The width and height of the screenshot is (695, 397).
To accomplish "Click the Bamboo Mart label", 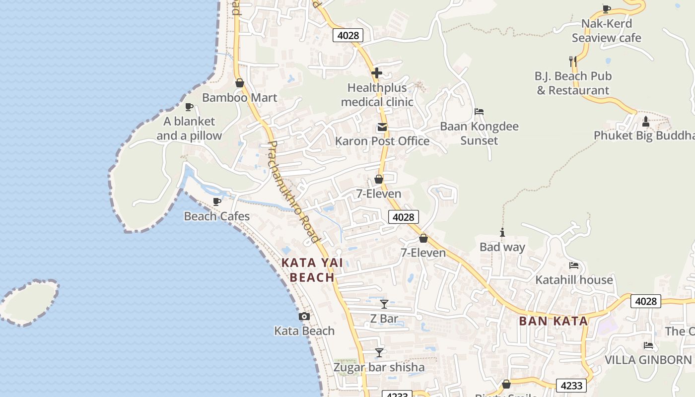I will [239, 97].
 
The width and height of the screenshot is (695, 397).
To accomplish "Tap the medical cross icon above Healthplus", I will [377, 73].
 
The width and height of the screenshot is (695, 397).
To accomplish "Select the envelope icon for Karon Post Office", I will [382, 127].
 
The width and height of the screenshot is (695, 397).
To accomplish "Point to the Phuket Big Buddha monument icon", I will [645, 121].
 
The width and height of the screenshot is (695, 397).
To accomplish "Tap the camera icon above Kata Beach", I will [304, 316].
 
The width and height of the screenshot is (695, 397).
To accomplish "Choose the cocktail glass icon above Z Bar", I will [384, 304].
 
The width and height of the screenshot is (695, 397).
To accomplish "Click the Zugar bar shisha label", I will [379, 367].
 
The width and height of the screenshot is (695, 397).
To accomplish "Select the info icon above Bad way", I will [502, 232].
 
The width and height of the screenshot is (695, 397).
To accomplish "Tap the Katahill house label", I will [574, 280].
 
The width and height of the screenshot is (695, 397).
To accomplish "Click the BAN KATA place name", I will [554, 321].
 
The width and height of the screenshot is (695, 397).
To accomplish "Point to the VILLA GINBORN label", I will [648, 360].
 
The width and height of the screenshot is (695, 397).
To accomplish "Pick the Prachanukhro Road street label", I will [293, 192].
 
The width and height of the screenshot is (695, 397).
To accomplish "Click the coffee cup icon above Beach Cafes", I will [216, 201].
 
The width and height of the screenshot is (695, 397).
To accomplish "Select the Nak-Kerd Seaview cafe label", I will [607, 31].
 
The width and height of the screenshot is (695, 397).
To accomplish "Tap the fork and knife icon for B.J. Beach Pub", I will [573, 62].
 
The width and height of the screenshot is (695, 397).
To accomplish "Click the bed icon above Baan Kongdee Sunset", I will [479, 112].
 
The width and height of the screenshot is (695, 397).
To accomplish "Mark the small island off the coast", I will [30, 302].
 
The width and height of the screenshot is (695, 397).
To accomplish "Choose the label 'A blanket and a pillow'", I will [189, 129].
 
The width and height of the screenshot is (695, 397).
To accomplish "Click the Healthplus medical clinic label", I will [377, 95].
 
